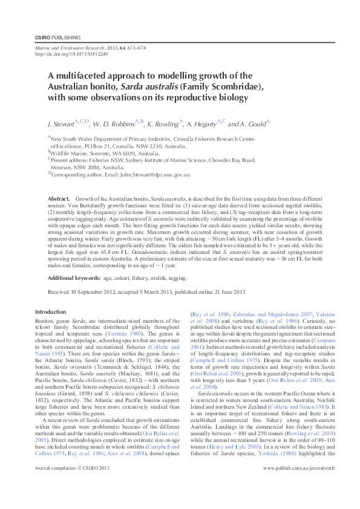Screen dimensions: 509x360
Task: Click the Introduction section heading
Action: (x=51, y=311)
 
